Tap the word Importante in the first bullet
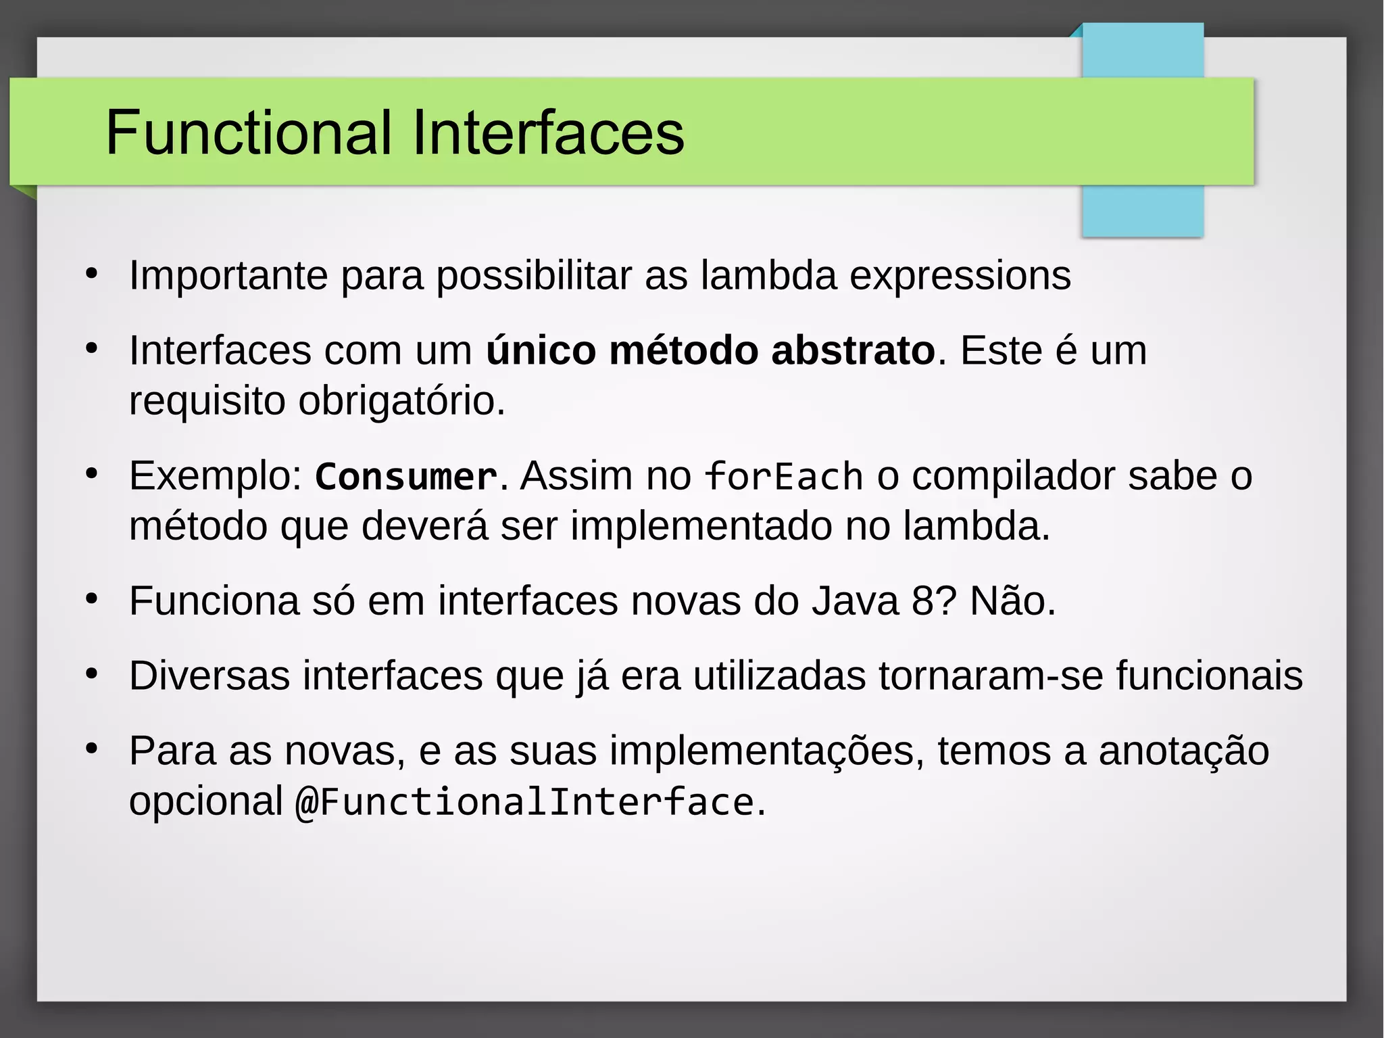click(228, 276)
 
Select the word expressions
click(960, 276)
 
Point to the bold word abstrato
click(853, 350)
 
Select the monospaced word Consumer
click(406, 476)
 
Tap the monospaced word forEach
click(784, 476)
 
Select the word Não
click(1012, 600)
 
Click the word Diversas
click(209, 676)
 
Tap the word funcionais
click(1209, 676)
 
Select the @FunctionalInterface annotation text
click(524, 802)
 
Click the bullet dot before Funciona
click(92, 599)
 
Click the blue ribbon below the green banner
click(1142, 211)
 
